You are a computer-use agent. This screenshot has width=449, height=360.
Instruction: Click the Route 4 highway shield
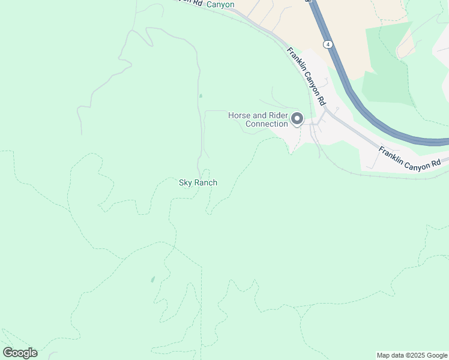pyautogui.click(x=328, y=44)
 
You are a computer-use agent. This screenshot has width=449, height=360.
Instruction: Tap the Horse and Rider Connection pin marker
pyautogui.click(x=297, y=119)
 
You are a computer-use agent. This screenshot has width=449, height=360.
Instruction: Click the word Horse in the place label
pyautogui.click(x=239, y=115)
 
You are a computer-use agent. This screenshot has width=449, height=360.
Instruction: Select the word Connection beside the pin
pyautogui.click(x=267, y=124)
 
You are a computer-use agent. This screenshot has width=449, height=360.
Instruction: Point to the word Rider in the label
pyautogui.click(x=275, y=115)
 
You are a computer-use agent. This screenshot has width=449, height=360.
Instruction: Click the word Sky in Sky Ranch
pyautogui.click(x=185, y=182)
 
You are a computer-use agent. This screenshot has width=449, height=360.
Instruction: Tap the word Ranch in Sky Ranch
pyautogui.click(x=205, y=182)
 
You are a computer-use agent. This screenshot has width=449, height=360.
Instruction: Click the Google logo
pyautogui.click(x=20, y=353)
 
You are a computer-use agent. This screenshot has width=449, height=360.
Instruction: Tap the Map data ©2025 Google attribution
pyautogui.click(x=412, y=355)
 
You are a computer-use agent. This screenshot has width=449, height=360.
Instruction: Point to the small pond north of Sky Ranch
pyautogui.click(x=200, y=95)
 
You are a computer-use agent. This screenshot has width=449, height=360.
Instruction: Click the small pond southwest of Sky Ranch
pyautogui.click(x=152, y=279)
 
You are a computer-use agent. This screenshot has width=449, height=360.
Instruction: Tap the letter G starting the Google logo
pyautogui.click(x=8, y=353)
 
